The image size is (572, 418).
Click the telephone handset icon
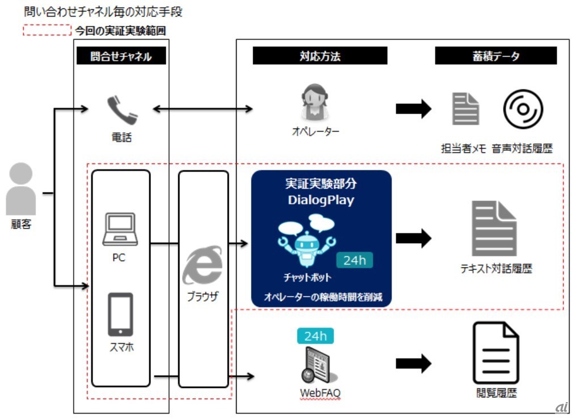pos(122,110)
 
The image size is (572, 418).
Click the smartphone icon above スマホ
pos(120,315)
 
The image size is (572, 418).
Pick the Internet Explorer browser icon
pos(202,265)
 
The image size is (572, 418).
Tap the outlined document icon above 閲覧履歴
pos(496,353)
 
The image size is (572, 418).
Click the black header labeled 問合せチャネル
pos(121,56)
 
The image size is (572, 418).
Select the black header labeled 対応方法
pos(320,56)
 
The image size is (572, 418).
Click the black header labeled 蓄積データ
pos(495,56)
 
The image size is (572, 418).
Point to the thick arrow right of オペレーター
pos(413,109)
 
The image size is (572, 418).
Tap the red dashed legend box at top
pos(47,30)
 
